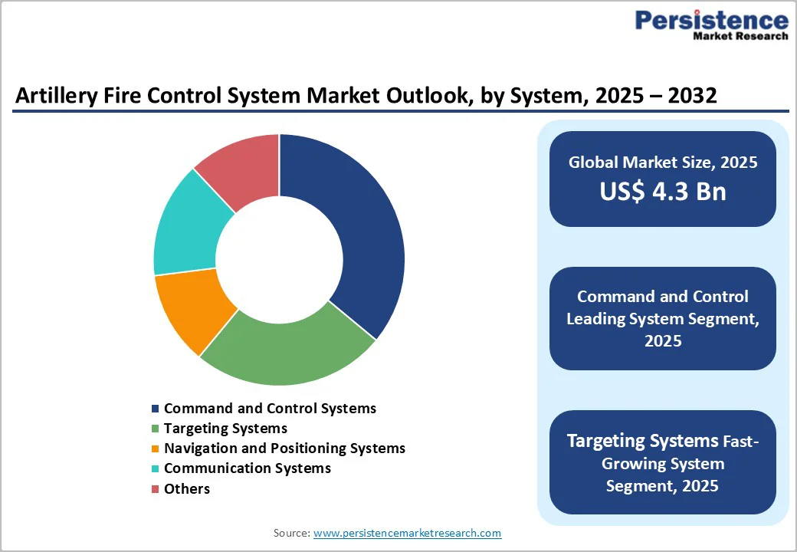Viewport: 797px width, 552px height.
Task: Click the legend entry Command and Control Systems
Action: point(270,409)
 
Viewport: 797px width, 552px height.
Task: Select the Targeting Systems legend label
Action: point(225,429)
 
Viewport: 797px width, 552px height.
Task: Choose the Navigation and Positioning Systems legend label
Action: point(284,449)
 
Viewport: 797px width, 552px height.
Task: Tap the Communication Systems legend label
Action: point(247,468)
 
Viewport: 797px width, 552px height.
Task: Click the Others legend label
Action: point(186,488)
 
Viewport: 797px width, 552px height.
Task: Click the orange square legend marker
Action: point(156,449)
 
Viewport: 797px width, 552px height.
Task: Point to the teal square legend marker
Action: point(156,468)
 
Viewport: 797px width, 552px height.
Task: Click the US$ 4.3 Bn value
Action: point(662,192)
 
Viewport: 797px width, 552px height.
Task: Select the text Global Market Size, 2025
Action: point(662,163)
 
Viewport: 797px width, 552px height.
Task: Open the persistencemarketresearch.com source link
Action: point(407,533)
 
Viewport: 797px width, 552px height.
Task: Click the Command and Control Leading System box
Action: point(662,318)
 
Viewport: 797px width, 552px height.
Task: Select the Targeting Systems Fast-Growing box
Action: point(662,463)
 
